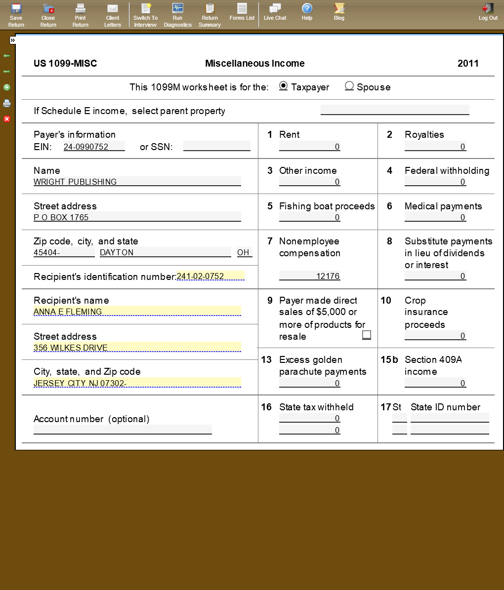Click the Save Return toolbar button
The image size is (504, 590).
point(16,15)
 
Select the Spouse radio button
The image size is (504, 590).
point(349,86)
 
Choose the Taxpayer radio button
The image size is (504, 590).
point(283,86)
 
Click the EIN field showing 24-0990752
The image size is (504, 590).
point(94,147)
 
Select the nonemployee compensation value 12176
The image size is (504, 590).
point(310,276)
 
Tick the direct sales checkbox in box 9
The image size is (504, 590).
point(367,335)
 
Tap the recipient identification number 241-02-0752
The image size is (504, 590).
point(210,276)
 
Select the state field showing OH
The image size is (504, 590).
point(245,252)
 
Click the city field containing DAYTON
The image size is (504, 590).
point(165,252)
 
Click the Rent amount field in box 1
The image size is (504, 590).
point(310,147)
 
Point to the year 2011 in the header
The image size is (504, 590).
point(468,63)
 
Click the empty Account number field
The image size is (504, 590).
point(123,430)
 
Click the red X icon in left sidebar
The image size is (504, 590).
point(7,119)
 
